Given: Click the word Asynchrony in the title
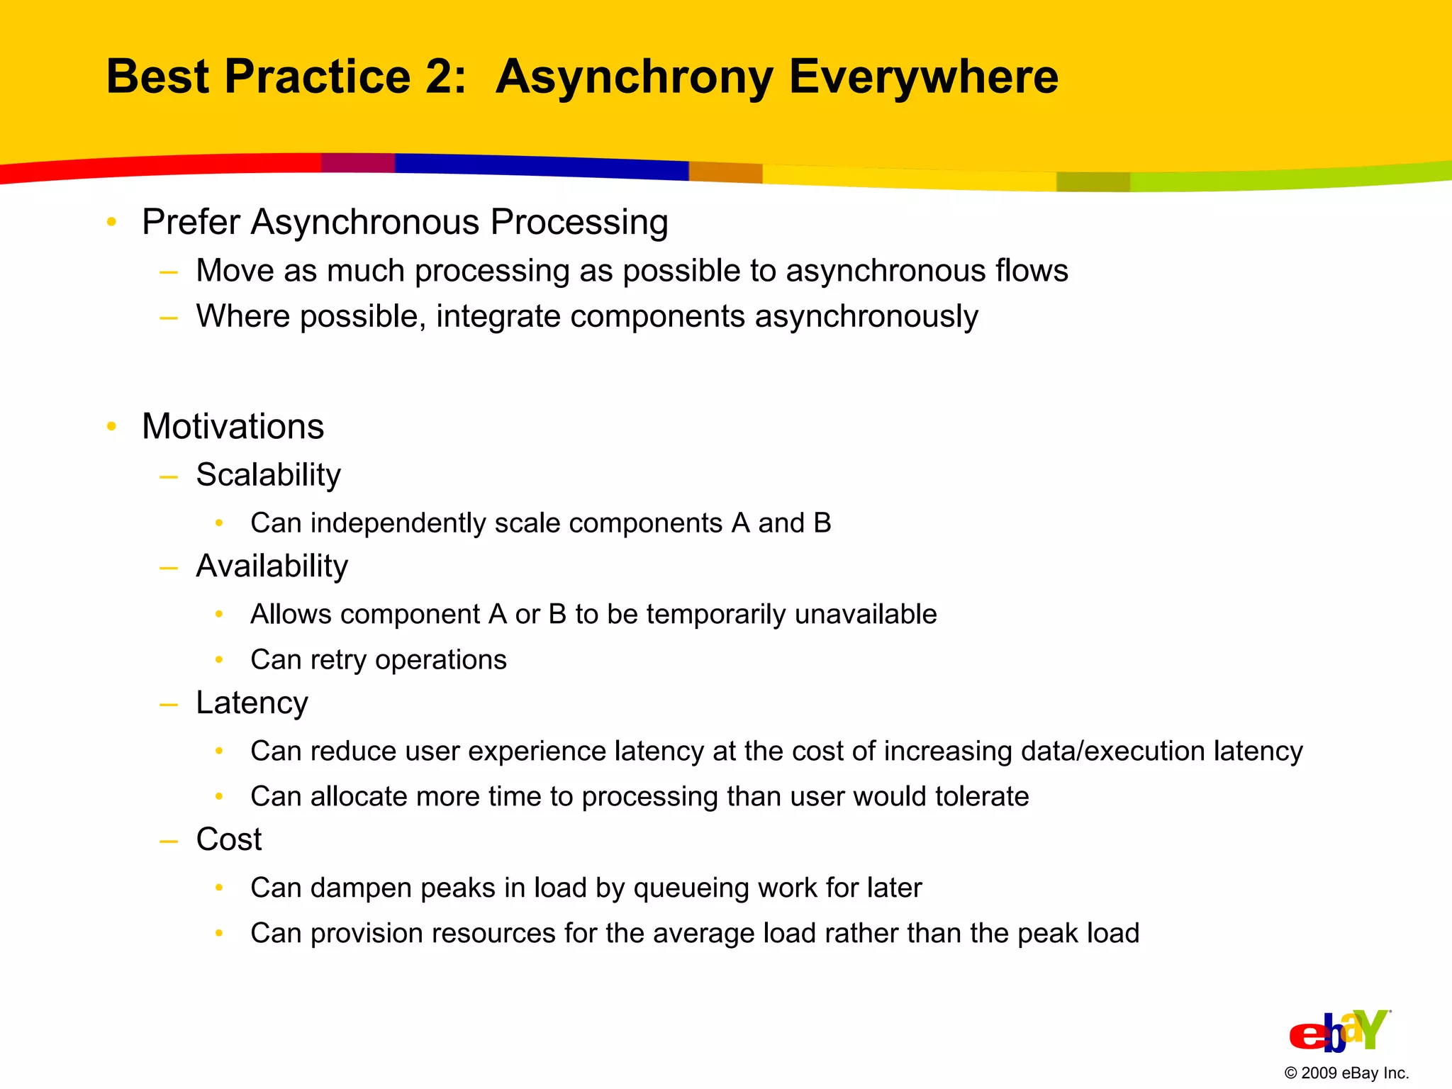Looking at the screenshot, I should [x=634, y=77].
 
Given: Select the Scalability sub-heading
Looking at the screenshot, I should [x=268, y=475].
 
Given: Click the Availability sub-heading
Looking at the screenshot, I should [x=272, y=566].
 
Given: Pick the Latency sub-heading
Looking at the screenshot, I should [x=252, y=703].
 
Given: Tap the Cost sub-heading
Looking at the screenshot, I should [x=228, y=839].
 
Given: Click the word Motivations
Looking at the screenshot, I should [x=233, y=427].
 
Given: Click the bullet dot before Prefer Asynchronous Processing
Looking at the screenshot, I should [x=111, y=223].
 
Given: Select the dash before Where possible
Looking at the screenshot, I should [x=169, y=318].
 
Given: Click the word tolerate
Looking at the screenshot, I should [x=981, y=797].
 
